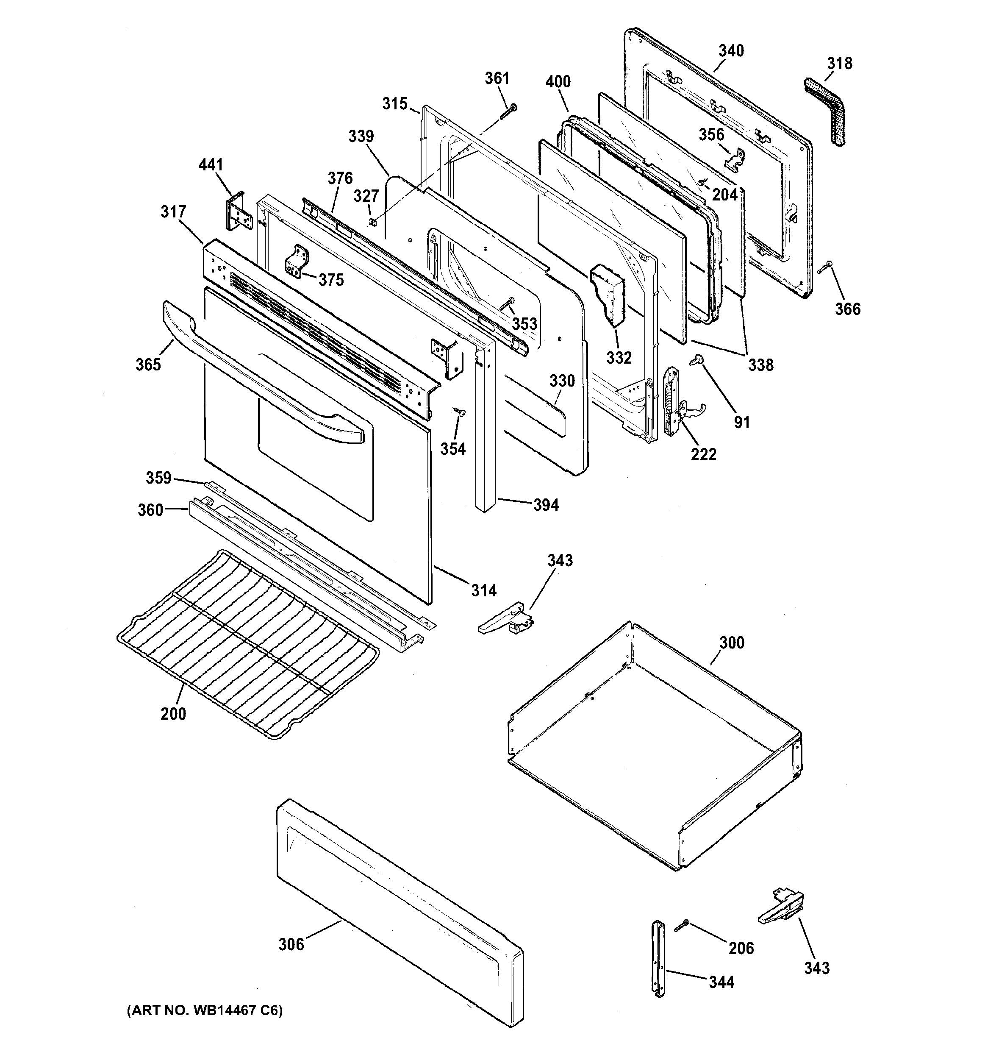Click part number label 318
tap(839, 64)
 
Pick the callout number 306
tap(291, 944)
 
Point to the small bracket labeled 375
tap(296, 261)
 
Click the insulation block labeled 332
tap(609, 296)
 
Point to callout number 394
tap(546, 505)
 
